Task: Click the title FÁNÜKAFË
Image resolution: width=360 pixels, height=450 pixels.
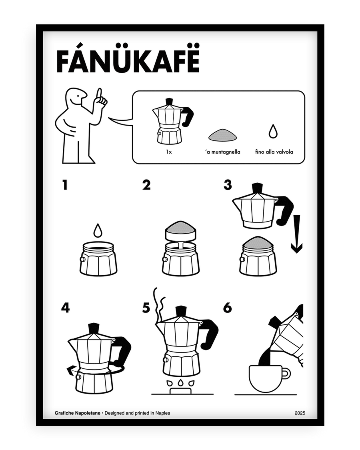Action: coord(128,62)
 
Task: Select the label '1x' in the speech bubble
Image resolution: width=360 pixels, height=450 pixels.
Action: coord(169,152)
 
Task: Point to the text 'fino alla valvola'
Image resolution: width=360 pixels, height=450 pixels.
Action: coord(274,152)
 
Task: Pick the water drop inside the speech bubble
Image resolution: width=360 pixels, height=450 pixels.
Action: coord(273,132)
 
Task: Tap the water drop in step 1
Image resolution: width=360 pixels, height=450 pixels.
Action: coord(98,231)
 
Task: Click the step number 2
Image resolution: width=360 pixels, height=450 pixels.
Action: coord(146,185)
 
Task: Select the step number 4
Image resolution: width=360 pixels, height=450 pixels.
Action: coord(65,308)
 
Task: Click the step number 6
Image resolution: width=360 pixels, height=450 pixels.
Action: coord(228,308)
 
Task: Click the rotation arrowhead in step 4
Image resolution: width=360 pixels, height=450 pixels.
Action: coord(70,371)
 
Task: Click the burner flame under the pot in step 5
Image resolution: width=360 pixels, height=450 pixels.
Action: coord(180,383)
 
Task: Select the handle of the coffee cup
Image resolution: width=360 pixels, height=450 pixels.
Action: coord(285,374)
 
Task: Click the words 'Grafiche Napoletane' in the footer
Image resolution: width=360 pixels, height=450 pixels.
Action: coord(78,413)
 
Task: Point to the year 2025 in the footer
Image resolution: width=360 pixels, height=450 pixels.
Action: coord(300,413)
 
